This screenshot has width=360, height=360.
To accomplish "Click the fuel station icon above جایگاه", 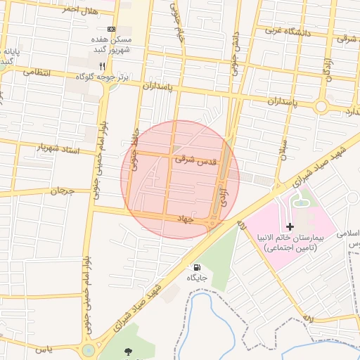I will point(196,267).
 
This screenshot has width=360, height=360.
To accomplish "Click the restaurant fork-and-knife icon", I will point(103,65).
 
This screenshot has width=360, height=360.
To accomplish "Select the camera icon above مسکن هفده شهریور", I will point(111,29).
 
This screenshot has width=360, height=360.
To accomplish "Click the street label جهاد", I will point(185,219).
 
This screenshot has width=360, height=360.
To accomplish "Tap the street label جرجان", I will point(62,191).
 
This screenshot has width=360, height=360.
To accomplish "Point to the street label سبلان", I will point(283,149).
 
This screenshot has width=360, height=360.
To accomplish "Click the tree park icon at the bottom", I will point(128,350).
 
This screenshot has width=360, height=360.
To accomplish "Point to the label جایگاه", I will point(196,278).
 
